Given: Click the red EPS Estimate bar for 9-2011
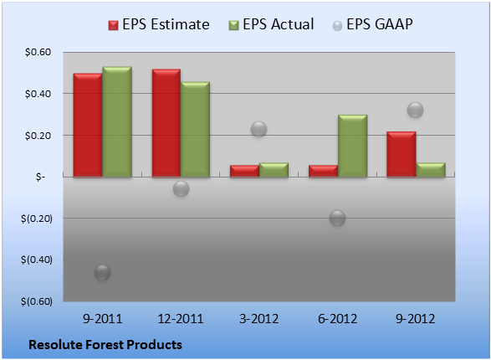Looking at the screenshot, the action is tap(88, 125).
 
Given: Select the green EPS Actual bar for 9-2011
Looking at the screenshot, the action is tap(117, 121).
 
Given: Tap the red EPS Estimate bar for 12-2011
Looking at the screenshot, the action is tap(166, 123).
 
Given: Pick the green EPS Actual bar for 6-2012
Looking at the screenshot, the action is tap(352, 146).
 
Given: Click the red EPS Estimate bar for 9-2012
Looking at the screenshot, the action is tap(401, 154).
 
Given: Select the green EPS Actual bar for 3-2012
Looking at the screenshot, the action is tap(274, 170).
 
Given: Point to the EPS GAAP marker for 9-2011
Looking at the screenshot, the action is tap(102, 272).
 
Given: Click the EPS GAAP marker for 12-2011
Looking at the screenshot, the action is tap(181, 188).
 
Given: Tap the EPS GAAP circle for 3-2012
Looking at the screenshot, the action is tap(259, 129).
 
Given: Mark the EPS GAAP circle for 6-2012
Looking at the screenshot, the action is tap(338, 218).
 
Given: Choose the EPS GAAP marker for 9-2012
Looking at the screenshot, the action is tap(416, 110).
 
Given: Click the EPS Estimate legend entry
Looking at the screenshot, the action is tap(159, 24).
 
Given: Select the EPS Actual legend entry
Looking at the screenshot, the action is tap(271, 24).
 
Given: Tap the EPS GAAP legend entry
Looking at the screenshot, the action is tap(372, 24).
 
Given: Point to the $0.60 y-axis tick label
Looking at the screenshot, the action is tap(38, 52).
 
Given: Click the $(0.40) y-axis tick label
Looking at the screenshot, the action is tap(37, 260).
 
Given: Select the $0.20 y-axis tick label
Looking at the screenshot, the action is tap(38, 136).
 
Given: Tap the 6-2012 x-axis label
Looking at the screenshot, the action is tap(338, 319).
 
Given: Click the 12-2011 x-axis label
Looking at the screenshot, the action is tap(181, 319).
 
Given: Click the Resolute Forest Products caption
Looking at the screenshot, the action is tap(105, 345).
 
